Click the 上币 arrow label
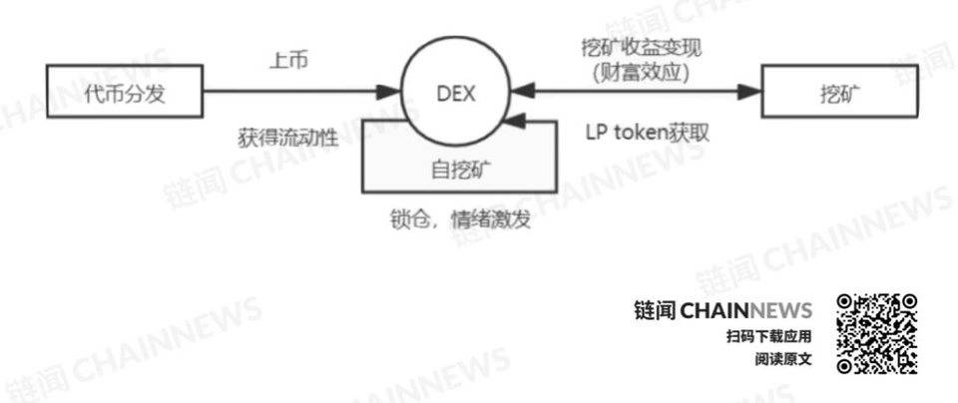click(289, 61)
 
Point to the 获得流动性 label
click(287, 137)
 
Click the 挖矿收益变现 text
click(641, 48)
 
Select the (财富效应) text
click(641, 73)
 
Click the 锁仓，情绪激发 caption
click(459, 218)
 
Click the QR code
click(877, 333)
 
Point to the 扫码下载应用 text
click(769, 336)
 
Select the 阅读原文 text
click(783, 359)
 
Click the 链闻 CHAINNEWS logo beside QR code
click(723, 311)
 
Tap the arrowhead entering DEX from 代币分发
click(387, 93)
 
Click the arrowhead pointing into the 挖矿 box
click(749, 93)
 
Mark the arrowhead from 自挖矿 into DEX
click(521, 122)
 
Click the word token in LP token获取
click(639, 133)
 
